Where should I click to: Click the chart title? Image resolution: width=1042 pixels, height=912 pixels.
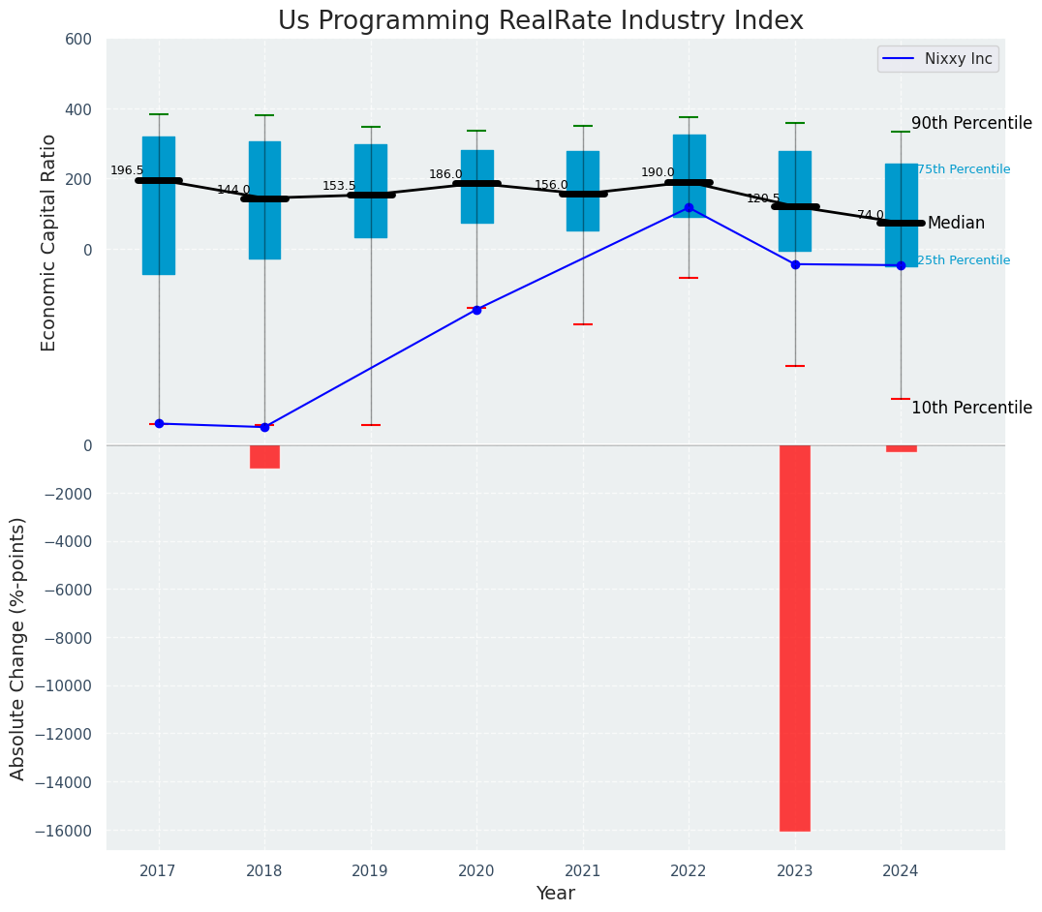[x=540, y=21]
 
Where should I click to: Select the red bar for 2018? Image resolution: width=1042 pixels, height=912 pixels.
[x=264, y=457]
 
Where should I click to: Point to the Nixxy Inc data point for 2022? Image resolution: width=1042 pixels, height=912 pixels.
[x=689, y=208]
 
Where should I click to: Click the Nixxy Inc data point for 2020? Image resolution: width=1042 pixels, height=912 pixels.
[x=476, y=310]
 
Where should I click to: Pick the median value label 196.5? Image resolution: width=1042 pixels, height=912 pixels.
[x=127, y=170]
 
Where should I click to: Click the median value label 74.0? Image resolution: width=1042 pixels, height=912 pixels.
[x=871, y=215]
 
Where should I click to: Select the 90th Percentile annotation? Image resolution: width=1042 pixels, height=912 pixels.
[x=971, y=124]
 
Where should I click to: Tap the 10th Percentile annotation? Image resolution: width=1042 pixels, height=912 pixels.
[x=971, y=409]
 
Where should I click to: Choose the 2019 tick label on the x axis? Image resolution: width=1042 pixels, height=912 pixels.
[x=370, y=871]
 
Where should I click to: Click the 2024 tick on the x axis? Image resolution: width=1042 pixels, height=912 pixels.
[x=901, y=871]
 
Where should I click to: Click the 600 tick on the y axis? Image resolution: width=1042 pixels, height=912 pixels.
[x=79, y=40]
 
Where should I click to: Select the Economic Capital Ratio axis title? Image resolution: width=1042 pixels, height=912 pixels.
[x=49, y=242]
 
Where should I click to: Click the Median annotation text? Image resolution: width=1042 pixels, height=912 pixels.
[x=956, y=224]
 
